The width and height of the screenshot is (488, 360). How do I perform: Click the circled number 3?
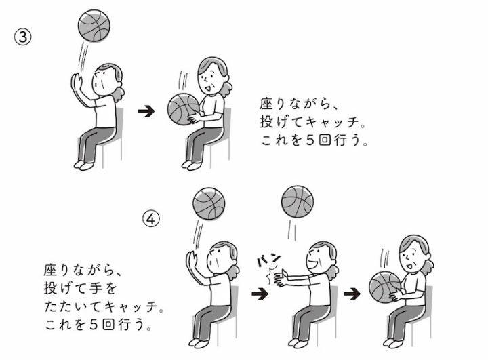[23, 37]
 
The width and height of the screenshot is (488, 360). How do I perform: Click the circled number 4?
[151, 218]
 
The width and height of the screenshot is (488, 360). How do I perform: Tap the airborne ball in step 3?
[94, 26]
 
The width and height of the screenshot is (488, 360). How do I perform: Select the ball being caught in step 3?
[183, 109]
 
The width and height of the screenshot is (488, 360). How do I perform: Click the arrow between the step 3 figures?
[146, 111]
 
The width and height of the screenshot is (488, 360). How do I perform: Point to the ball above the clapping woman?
[298, 202]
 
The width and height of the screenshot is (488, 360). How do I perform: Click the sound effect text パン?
[268, 260]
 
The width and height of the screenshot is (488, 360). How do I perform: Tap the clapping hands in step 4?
[281, 277]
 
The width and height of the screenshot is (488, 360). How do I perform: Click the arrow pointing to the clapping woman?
[260, 294]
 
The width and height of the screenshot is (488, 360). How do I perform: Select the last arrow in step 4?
[352, 294]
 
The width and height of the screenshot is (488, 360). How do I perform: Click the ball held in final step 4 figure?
[385, 287]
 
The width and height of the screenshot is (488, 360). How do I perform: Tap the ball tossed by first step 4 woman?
[209, 203]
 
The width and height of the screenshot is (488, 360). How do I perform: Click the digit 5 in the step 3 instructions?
[310, 140]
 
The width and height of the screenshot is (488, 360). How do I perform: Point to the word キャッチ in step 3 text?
[332, 122]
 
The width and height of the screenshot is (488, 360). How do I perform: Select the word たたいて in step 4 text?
[73, 306]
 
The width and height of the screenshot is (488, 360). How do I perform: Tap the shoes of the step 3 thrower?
[84, 165]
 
